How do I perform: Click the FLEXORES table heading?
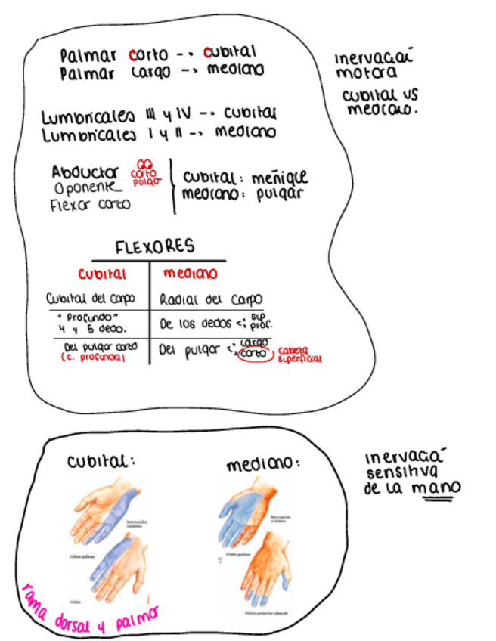tap(155, 247)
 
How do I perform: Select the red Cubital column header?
tap(102, 273)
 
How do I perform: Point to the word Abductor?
tap(85, 172)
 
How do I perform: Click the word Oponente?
tap(86, 187)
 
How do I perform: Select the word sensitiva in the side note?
tap(393, 473)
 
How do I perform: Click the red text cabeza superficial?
tap(300, 354)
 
